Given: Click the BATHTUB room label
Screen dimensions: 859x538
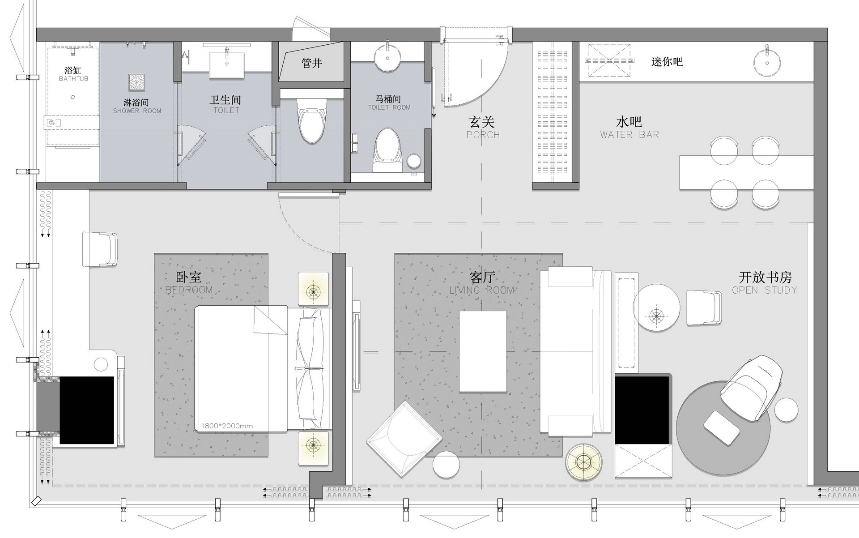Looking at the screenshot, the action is pyautogui.click(x=74, y=79).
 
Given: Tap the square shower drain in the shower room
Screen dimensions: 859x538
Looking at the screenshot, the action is pyautogui.click(x=137, y=82).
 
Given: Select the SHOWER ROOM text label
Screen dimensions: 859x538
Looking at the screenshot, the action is pyautogui.click(x=137, y=111).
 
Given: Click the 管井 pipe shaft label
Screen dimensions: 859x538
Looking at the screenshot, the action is pyautogui.click(x=312, y=63).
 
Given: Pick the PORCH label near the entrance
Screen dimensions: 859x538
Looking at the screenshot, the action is pyautogui.click(x=483, y=135).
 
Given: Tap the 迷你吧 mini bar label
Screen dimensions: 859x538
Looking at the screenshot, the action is pyautogui.click(x=667, y=62).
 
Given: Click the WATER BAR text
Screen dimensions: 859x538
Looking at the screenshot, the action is pyautogui.click(x=629, y=134).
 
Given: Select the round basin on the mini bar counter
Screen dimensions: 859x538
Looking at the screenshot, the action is pyautogui.click(x=767, y=63).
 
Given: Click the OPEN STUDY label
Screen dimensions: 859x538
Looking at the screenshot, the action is pyautogui.click(x=765, y=290).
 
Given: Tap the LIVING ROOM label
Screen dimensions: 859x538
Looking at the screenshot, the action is pyautogui.click(x=482, y=290).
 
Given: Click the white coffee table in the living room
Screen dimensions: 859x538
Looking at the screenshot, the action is pyautogui.click(x=483, y=352).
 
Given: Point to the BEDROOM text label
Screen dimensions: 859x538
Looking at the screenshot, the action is pyautogui.click(x=189, y=290).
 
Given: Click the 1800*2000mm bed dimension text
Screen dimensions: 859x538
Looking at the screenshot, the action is pyautogui.click(x=227, y=426).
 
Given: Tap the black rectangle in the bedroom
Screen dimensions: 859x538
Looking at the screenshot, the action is pyautogui.click(x=87, y=410).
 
